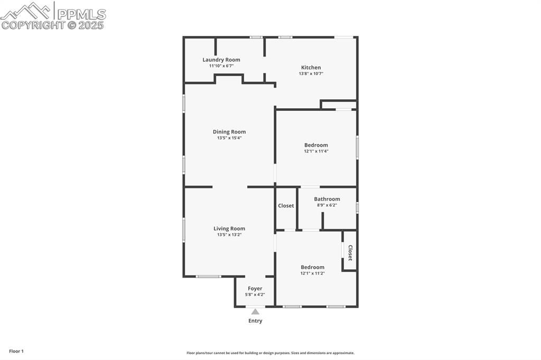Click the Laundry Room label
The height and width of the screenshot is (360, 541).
[x=221, y=60]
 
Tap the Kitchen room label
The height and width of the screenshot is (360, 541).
[x=311, y=68]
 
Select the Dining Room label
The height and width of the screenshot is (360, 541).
[x=229, y=132]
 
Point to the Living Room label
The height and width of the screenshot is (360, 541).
[x=229, y=229]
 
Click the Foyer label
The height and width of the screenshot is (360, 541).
[x=255, y=289]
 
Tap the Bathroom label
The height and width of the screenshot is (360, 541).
[x=327, y=199]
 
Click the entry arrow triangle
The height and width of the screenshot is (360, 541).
[x=255, y=311]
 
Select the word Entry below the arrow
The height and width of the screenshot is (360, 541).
[x=255, y=321]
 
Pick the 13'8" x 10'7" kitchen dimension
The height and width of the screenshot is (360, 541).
[x=311, y=74]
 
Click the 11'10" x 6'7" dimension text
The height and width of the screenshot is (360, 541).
[x=221, y=66]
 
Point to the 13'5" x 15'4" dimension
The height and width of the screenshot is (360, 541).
[x=229, y=138]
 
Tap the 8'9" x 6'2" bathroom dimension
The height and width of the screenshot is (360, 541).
[x=327, y=205]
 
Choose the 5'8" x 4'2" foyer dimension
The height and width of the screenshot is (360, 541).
[x=255, y=295]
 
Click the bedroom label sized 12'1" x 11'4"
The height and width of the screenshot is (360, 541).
[x=316, y=145]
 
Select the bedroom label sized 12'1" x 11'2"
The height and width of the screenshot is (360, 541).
[x=312, y=267]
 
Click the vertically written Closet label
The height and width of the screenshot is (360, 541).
[x=350, y=252]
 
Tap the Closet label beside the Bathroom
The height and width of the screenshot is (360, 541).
[x=286, y=206]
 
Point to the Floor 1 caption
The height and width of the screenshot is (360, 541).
[x=16, y=351]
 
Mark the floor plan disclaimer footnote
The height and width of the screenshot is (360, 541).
[x=270, y=353]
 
